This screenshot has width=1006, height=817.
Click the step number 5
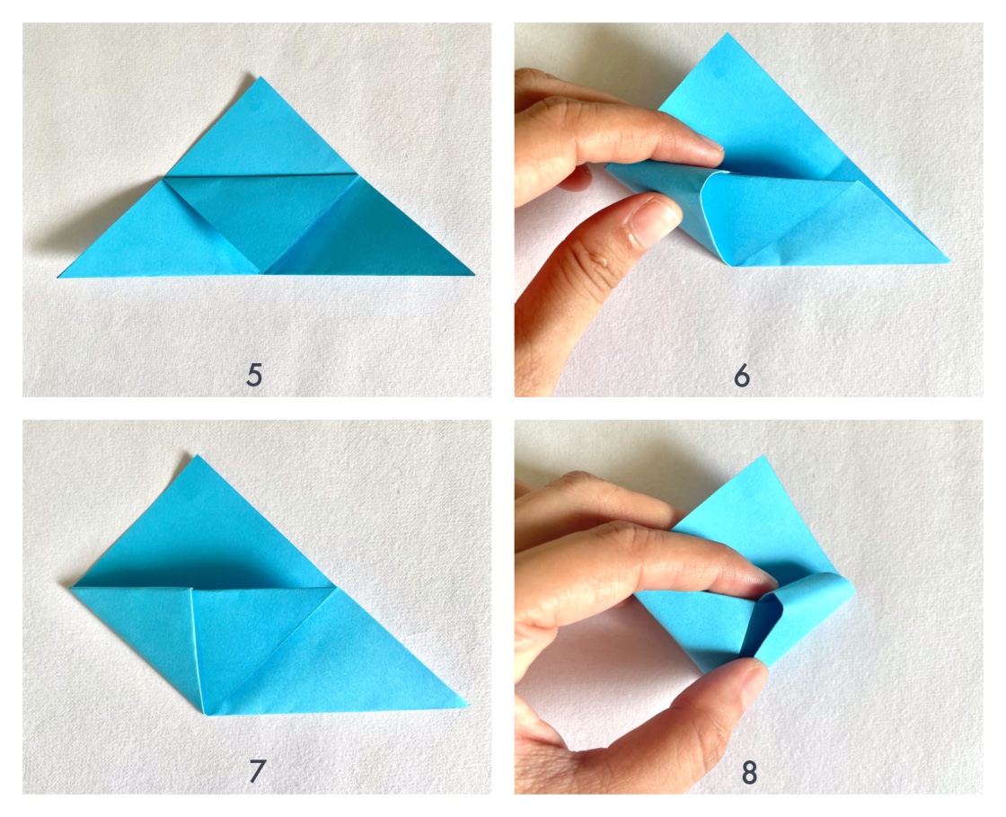[254, 374]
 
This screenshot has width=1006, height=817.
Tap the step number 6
[741, 374]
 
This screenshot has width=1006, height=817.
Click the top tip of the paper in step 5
[260, 78]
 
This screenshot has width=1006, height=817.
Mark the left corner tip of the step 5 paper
[60, 276]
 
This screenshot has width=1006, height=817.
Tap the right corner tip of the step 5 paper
[472, 273]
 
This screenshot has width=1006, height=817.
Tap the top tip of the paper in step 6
[726, 35]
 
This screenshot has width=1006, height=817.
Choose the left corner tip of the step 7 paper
[72, 587]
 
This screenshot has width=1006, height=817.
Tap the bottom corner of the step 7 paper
[206, 713]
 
